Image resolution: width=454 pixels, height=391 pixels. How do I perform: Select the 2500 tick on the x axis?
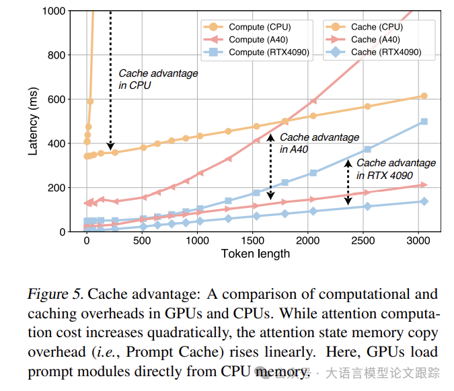363,240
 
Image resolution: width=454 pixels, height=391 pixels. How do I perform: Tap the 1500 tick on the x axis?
252,240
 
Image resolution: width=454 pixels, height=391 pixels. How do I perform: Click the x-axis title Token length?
255,254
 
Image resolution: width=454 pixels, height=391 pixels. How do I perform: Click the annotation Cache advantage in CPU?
158,79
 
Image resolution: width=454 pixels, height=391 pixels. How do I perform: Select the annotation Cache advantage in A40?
319,143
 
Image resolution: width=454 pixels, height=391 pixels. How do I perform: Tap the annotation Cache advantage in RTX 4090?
395,169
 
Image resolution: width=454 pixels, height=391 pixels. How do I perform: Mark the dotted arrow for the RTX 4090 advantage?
348,182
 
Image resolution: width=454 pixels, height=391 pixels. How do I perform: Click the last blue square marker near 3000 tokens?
424,122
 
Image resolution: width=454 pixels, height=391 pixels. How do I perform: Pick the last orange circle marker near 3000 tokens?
424,96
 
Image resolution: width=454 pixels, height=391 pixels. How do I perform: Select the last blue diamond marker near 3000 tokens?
424,201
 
